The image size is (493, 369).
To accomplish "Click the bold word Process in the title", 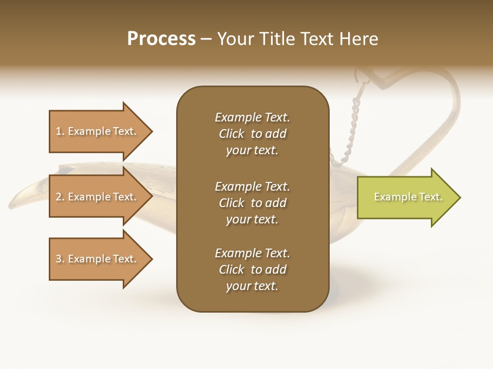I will [x=161, y=39].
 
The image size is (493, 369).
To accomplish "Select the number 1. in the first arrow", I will [x=60, y=131].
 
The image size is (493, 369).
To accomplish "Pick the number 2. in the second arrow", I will [x=60, y=197].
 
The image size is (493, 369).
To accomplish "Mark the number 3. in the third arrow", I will [x=60, y=259].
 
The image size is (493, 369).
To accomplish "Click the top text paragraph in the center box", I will [x=252, y=134].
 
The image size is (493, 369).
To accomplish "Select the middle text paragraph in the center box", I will [x=252, y=203].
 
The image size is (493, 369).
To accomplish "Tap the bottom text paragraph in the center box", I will [x=252, y=270].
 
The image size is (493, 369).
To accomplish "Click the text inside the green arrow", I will [x=408, y=197].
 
